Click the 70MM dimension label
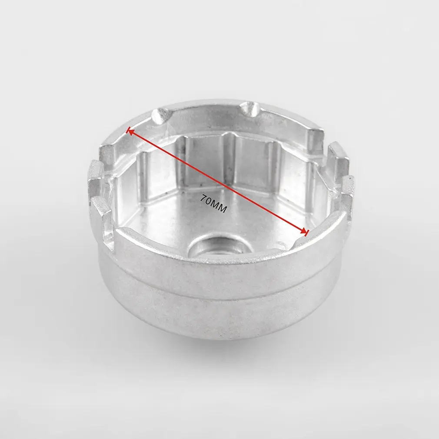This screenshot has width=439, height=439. [x=213, y=203]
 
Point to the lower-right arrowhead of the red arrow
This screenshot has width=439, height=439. [x=305, y=231]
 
